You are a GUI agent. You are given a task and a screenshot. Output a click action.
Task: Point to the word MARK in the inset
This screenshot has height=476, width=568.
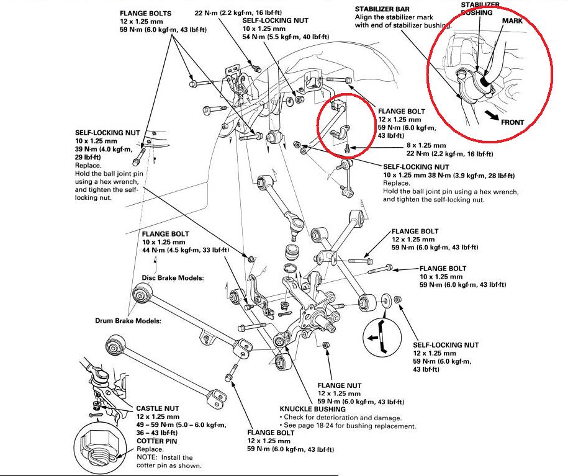point(513,20)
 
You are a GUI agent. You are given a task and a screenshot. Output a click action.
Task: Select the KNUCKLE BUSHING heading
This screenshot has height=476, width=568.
point(312,410)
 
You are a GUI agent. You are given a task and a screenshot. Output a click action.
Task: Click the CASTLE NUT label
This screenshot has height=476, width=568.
point(158,408)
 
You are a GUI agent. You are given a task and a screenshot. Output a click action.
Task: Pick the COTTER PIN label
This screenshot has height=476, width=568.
point(157,441)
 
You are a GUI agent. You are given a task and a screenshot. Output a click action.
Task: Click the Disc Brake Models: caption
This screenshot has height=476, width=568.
point(173,277)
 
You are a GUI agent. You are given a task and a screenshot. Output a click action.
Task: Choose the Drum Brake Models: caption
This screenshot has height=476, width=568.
point(128,321)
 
